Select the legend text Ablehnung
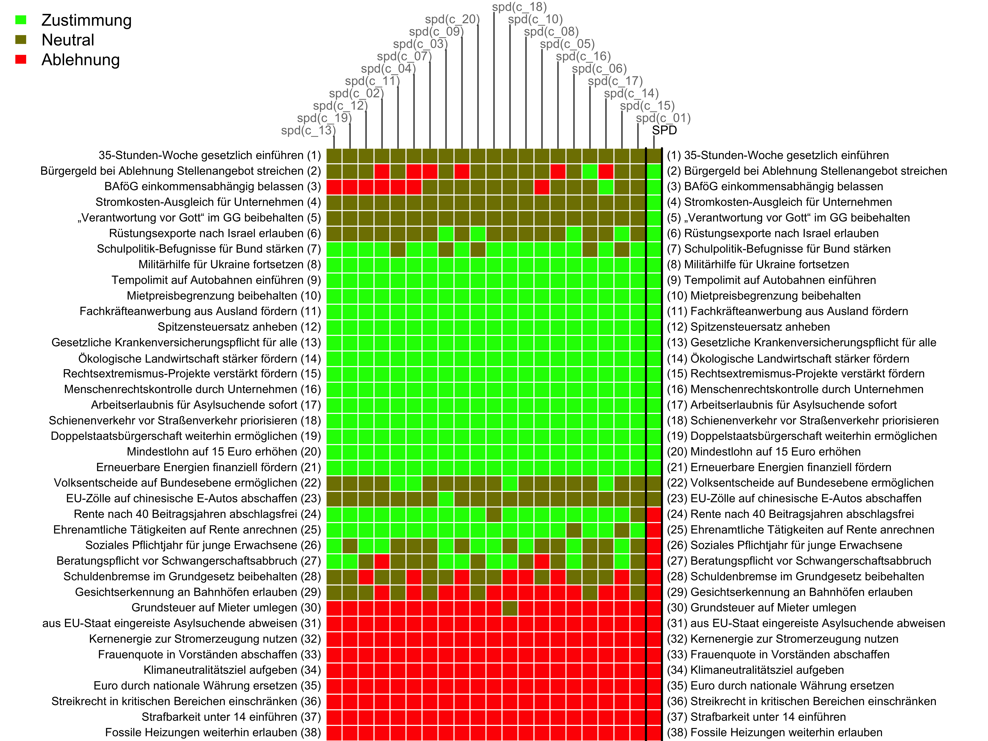[x=80, y=60]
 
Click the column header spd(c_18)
[x=519, y=7]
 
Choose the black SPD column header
[x=664, y=130]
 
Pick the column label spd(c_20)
[x=452, y=19]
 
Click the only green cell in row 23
[x=446, y=498]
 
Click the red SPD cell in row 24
[x=654, y=514]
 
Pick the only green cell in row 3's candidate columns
[x=606, y=187]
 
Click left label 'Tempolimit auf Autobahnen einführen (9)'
[x=216, y=280]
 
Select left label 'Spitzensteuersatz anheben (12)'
[x=239, y=327]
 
